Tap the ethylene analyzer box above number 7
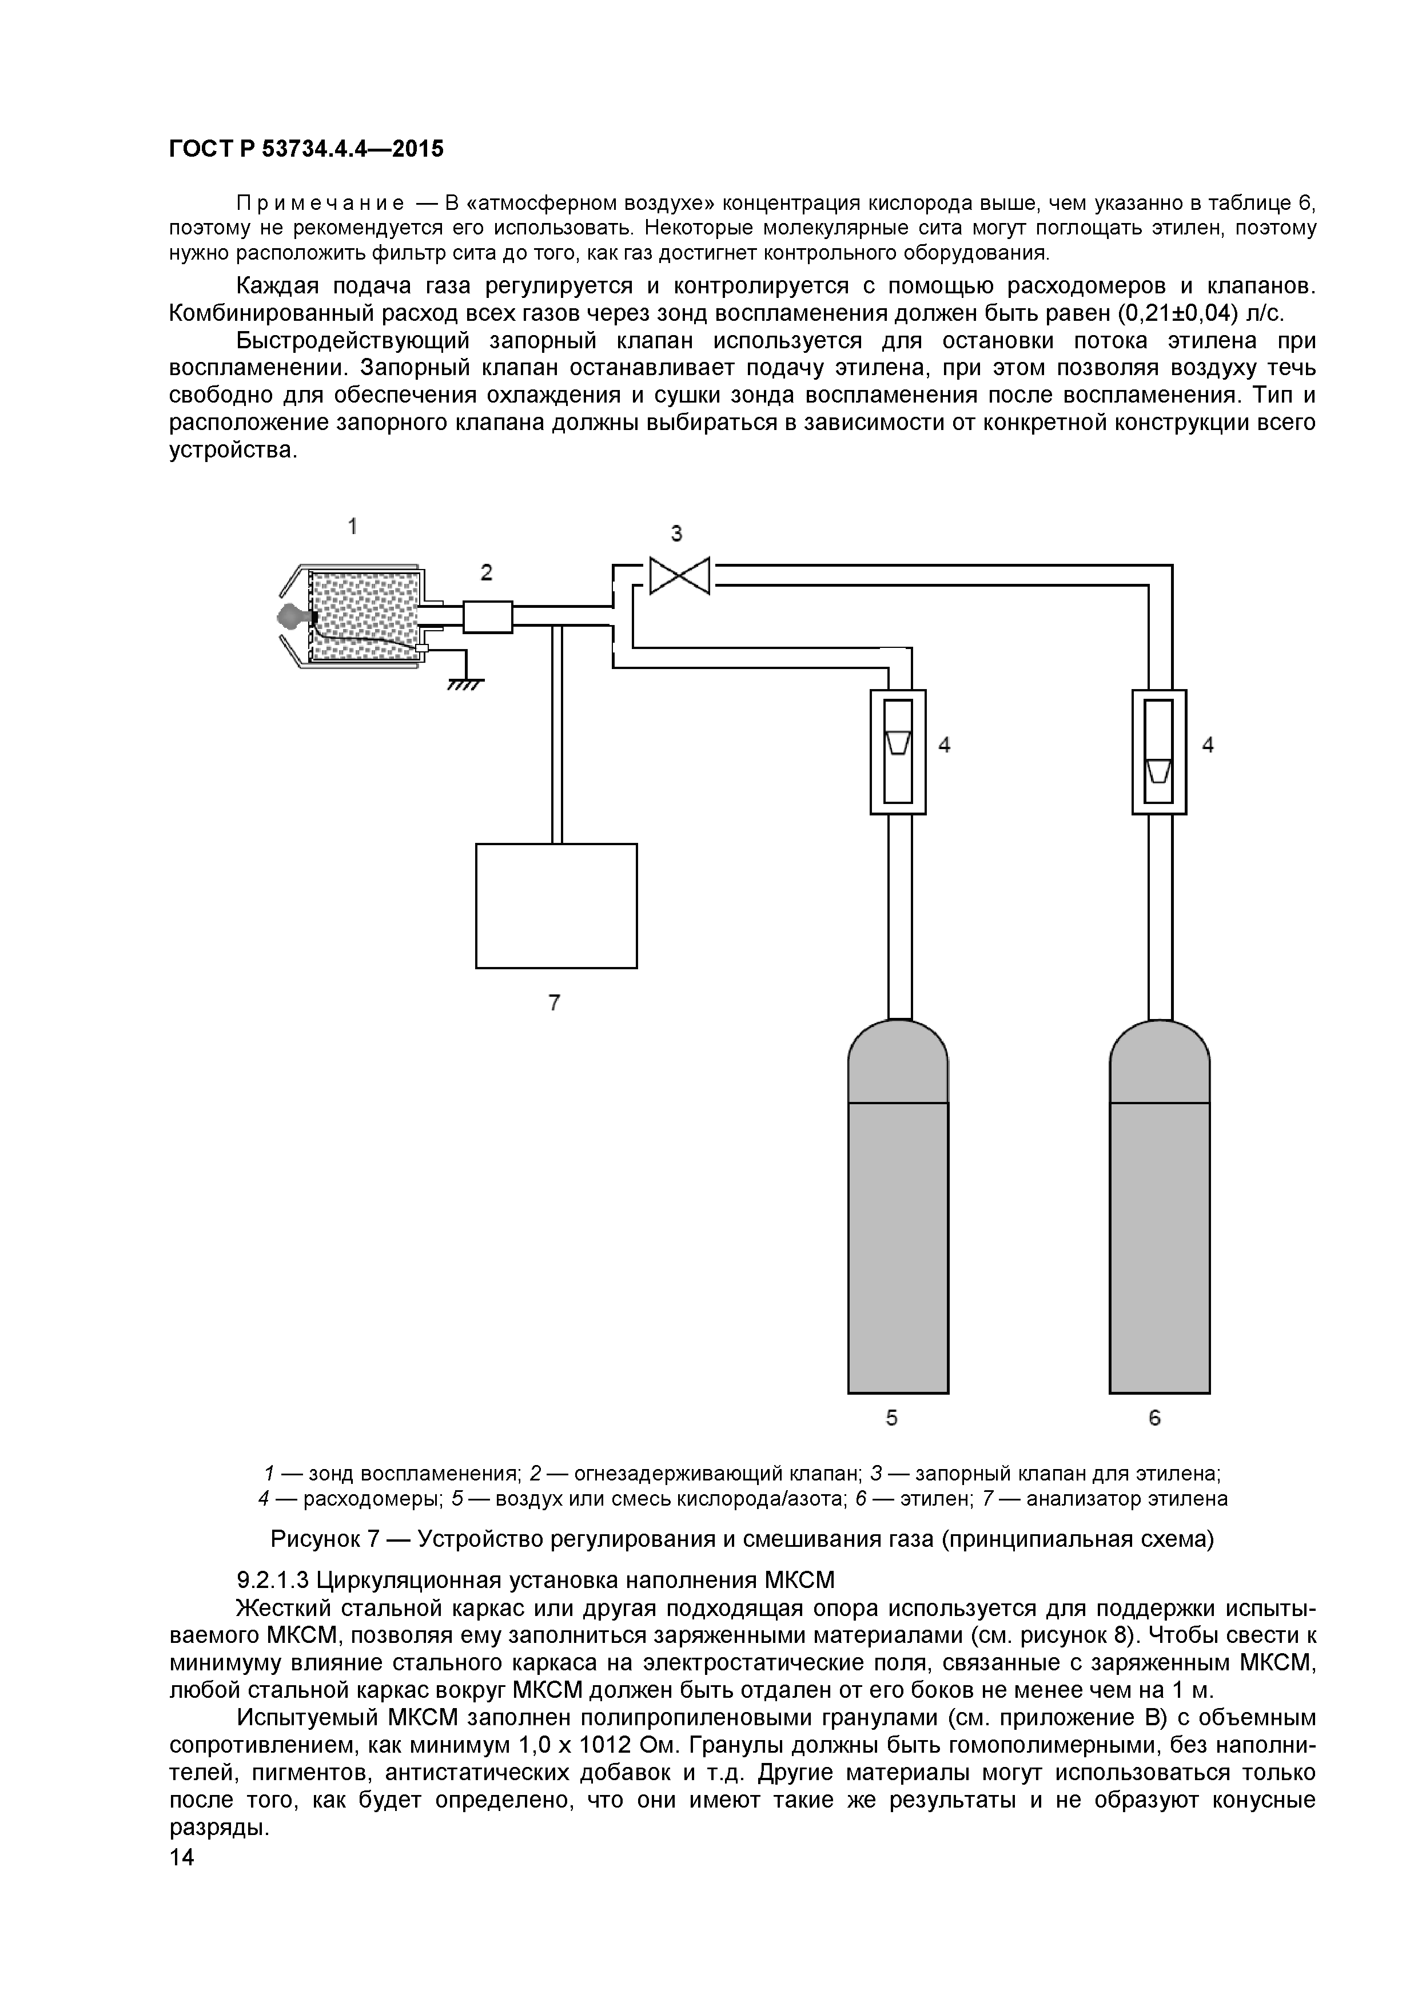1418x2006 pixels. (556, 905)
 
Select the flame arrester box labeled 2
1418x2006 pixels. (487, 617)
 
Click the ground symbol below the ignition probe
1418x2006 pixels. (465, 683)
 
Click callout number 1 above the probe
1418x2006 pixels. (352, 526)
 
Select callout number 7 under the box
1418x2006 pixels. (554, 1003)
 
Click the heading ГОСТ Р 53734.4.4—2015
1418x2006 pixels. (306, 149)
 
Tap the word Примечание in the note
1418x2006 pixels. (320, 204)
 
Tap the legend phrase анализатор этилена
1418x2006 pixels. (1126, 1499)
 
